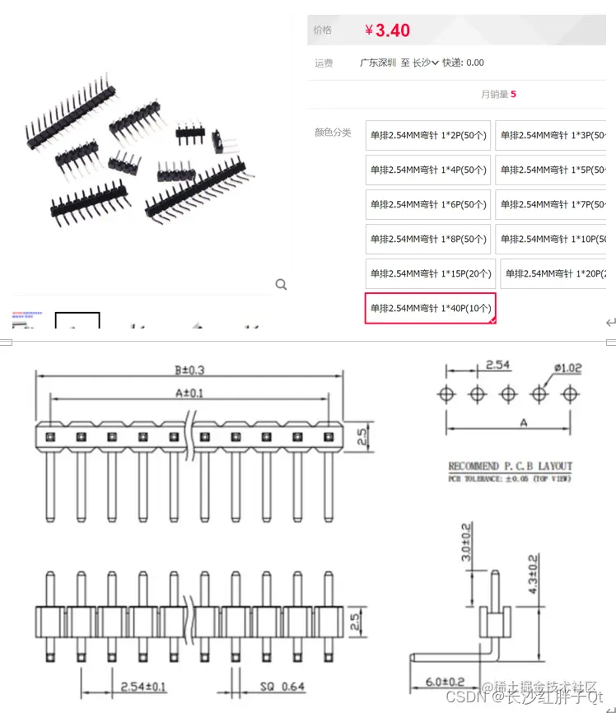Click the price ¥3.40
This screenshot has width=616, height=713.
(x=387, y=30)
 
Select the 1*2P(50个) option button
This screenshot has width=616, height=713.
(x=427, y=135)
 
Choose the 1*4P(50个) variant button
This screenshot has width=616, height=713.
(x=427, y=170)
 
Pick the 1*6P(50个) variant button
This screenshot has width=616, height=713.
(x=427, y=204)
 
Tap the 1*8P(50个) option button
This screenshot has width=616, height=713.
(x=427, y=239)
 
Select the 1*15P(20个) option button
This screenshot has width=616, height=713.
(x=430, y=273)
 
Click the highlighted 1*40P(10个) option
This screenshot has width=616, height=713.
(x=430, y=308)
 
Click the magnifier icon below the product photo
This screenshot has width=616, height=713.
(x=282, y=285)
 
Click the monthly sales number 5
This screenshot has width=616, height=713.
(x=513, y=94)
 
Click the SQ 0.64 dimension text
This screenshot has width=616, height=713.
(x=282, y=686)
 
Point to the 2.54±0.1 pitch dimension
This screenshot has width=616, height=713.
(x=143, y=686)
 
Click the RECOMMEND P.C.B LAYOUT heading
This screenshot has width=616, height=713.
(x=510, y=466)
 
